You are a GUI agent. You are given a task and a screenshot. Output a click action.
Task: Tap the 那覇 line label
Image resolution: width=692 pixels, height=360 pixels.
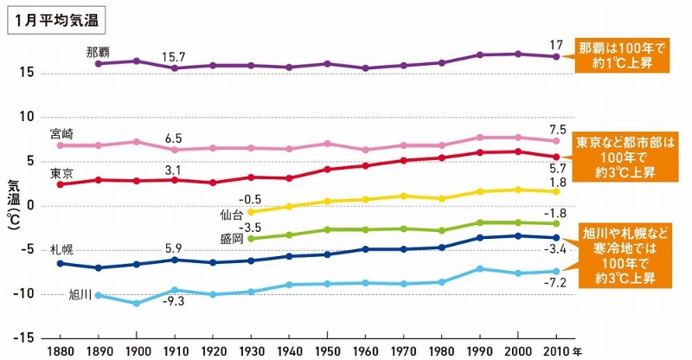coord(98,52)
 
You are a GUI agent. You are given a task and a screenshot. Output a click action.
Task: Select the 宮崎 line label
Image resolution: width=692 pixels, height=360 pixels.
coord(61,134)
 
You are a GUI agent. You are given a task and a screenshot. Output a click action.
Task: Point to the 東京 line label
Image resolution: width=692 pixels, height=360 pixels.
coord(61,173)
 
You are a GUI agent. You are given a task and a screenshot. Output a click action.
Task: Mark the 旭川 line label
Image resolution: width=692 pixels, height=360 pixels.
coord(80,295)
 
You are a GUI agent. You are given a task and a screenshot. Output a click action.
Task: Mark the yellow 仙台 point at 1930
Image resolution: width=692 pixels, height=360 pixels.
coord(251,212)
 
